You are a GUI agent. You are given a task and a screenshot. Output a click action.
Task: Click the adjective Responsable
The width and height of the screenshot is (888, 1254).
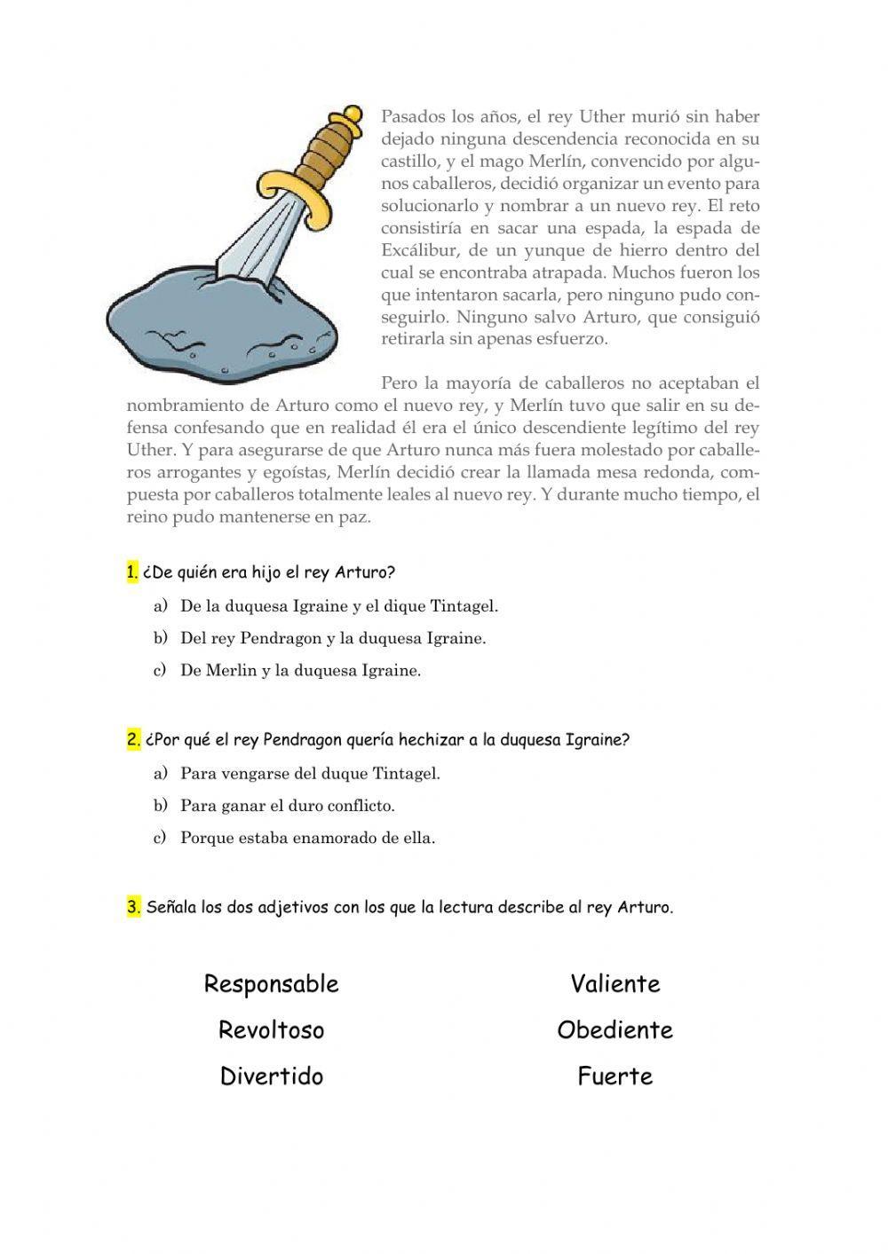271,983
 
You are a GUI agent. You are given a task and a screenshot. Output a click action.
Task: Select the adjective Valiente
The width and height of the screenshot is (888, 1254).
615,983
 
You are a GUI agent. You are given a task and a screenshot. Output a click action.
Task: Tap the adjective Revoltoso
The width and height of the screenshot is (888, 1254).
271,1029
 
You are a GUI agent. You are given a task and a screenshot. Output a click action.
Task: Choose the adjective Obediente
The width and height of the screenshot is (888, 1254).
615,1029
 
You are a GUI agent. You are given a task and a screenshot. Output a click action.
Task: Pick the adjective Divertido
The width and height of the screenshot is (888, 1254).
271,1076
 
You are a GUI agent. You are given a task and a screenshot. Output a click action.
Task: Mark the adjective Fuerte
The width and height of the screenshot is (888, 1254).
615,1076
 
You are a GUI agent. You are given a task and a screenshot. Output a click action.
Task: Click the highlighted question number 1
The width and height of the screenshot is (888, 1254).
132,572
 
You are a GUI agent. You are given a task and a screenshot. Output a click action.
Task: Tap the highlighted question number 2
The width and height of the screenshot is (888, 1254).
133,739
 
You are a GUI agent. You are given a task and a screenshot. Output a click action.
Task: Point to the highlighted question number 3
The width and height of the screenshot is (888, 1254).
133,907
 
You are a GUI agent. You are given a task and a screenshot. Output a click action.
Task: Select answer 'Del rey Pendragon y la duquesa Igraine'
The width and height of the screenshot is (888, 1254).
333,638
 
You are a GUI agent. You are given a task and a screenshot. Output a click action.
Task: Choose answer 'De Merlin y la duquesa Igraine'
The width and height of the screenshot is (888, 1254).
300,670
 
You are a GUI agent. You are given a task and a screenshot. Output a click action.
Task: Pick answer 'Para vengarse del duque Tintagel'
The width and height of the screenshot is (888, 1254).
310,773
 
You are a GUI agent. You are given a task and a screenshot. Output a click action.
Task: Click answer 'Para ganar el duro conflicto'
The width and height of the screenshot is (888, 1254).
287,806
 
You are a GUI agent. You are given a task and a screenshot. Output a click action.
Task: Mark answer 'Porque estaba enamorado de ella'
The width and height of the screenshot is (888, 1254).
307,837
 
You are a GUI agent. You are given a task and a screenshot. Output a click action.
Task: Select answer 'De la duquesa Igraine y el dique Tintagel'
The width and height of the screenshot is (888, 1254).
339,606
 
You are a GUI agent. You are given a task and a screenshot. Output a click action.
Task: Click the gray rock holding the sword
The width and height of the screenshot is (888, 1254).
222,324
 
